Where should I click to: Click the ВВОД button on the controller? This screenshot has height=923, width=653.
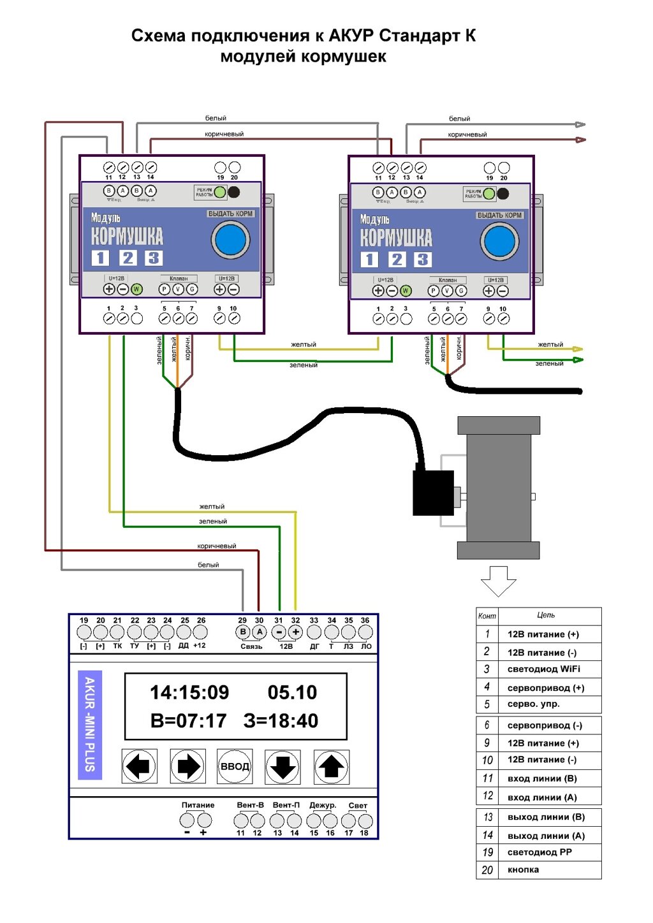click(x=235, y=766)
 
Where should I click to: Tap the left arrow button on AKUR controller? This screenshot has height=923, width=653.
click(x=139, y=766)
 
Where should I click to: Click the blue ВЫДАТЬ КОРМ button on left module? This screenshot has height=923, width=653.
click(x=230, y=240)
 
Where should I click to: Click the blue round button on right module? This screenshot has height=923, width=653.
click(x=499, y=242)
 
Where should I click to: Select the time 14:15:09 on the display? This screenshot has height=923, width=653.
click(x=189, y=693)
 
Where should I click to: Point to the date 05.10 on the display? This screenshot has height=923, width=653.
click(x=292, y=693)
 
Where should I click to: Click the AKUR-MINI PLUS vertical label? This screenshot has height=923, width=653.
click(x=89, y=724)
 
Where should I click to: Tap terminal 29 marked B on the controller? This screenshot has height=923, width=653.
click(x=243, y=632)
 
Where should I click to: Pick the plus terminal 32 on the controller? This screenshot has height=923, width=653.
click(x=295, y=632)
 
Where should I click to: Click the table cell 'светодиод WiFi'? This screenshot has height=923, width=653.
click(x=543, y=669)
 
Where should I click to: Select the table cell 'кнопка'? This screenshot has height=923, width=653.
click(x=523, y=870)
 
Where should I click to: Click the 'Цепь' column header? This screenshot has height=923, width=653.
click(x=546, y=616)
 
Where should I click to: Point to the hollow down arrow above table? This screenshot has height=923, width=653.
click(x=498, y=580)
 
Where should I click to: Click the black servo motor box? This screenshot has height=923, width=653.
click(x=433, y=493)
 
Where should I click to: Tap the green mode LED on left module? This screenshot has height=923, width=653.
click(x=220, y=192)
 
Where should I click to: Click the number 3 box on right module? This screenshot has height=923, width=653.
click(x=422, y=259)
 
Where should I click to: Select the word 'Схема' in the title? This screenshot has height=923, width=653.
click(x=158, y=36)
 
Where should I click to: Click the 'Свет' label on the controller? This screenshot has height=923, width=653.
click(x=358, y=806)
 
